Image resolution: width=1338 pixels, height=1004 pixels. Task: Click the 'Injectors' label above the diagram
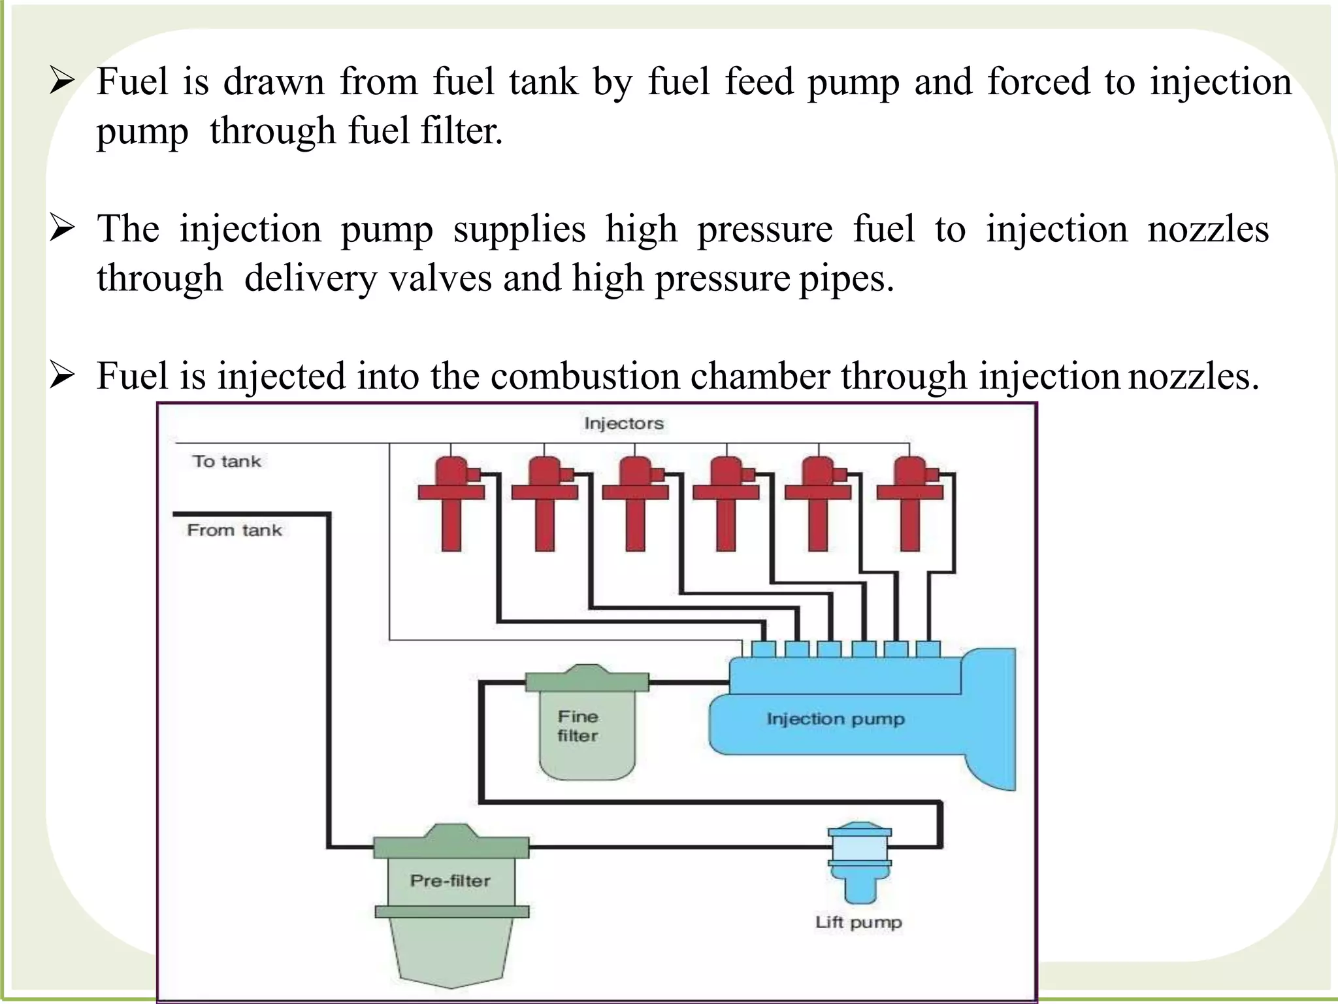click(x=623, y=424)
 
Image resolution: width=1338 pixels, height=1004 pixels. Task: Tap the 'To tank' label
click(x=227, y=461)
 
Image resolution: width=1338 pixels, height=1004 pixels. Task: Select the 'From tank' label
click(x=235, y=530)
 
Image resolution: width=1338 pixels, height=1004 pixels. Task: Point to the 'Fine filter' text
click(x=578, y=726)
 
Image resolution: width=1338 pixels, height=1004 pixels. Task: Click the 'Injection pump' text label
click(x=835, y=719)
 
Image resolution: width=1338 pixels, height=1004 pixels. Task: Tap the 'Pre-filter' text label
click(x=450, y=880)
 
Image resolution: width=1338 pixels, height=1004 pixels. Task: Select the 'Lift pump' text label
click(x=858, y=922)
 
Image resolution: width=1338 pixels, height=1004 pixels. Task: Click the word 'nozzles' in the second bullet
click(x=1208, y=229)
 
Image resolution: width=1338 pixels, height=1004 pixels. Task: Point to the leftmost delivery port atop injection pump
click(x=763, y=649)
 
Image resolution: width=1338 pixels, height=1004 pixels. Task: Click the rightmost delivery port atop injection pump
click(x=928, y=649)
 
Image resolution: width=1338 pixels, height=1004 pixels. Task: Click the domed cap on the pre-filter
click(x=451, y=831)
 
